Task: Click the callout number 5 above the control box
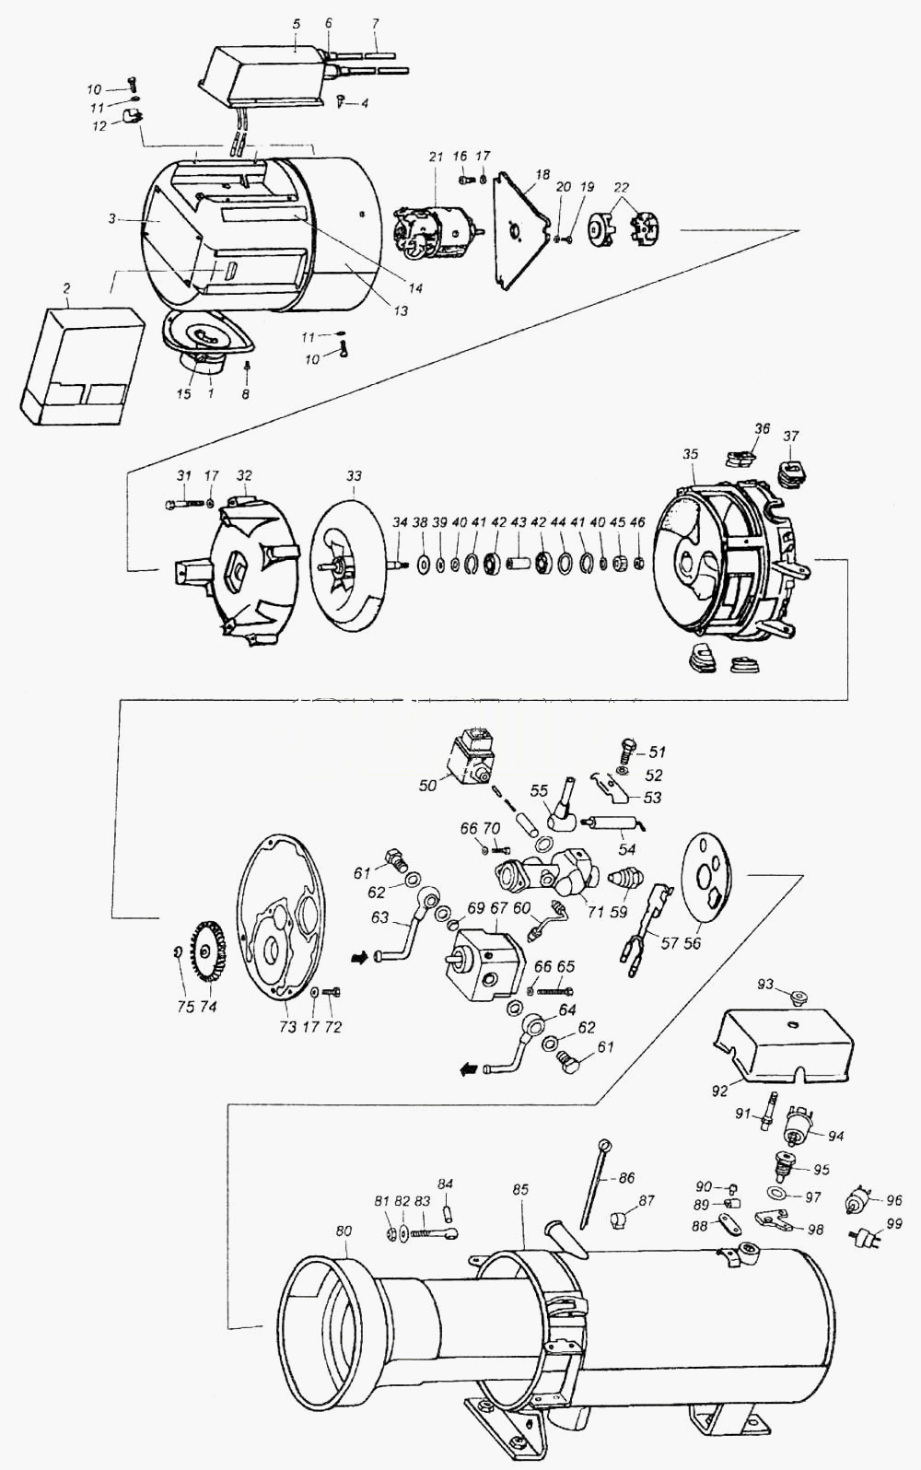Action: click(x=296, y=24)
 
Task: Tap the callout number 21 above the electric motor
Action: click(x=437, y=157)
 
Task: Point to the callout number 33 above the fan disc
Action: click(x=354, y=475)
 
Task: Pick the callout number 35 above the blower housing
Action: click(x=691, y=454)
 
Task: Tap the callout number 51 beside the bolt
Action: click(x=657, y=752)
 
